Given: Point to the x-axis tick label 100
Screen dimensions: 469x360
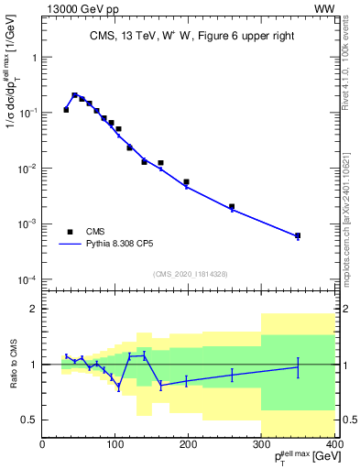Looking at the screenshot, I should (x=115, y=446).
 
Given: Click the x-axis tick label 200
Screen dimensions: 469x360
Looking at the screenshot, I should (x=189, y=446).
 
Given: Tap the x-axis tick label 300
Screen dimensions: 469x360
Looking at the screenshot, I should (x=262, y=446).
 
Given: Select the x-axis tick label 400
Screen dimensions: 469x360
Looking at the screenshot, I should (x=334, y=446).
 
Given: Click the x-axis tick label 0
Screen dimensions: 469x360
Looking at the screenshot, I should (x=42, y=446).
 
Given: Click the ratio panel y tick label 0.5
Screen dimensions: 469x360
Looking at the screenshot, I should (x=28, y=420).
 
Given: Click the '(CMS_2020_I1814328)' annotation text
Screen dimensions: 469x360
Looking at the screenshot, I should (x=189, y=274).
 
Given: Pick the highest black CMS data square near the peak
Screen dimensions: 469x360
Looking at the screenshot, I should (x=74, y=94).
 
